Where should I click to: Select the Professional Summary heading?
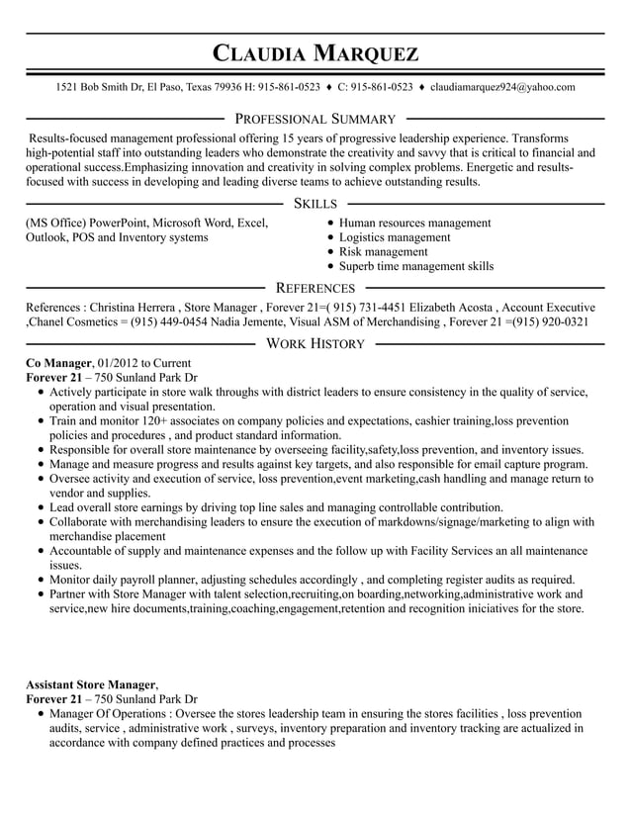[315, 119]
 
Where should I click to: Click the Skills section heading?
[315, 203]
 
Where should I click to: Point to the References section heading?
[315, 288]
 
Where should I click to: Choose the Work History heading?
[315, 343]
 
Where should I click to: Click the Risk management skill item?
[383, 252]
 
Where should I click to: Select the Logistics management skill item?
[394, 237]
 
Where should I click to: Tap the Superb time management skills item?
[415, 266]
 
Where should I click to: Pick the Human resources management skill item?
[414, 223]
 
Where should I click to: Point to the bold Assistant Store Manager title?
[91, 683]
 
